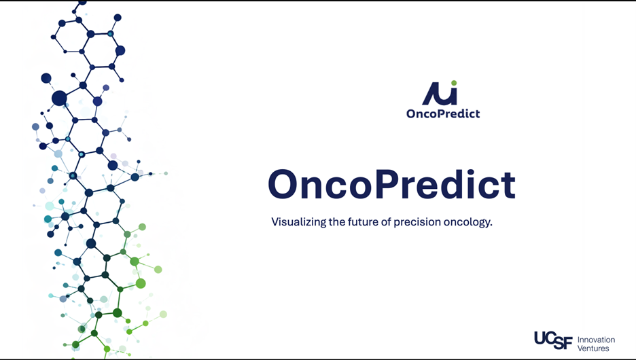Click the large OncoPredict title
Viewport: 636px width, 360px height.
392,185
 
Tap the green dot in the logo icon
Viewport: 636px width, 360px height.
454,83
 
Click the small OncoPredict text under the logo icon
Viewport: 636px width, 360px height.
443,113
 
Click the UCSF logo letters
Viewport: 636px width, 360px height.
554,340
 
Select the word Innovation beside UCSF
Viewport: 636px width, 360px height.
596,340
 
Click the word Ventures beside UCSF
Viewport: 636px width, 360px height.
593,348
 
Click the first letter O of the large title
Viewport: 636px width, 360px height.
283,185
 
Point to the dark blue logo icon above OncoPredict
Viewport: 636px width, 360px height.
440,94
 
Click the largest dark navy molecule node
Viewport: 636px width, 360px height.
59,98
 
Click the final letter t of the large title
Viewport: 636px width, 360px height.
509,186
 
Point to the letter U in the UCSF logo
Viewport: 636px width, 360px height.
540,338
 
